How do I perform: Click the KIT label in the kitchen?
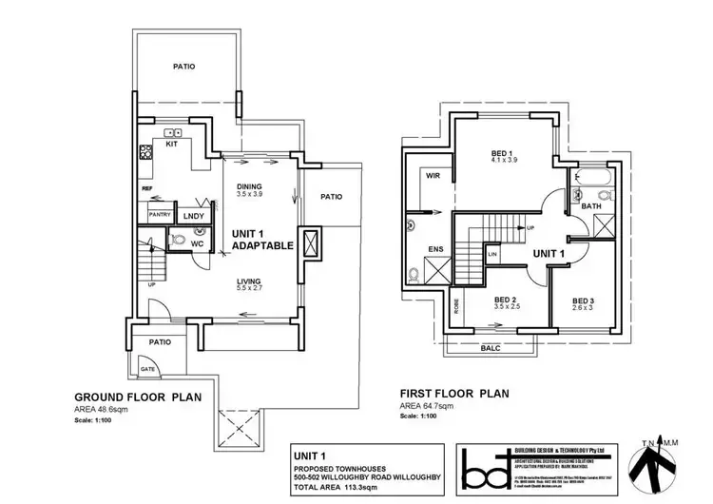point(172,145)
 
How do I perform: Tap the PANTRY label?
point(159,216)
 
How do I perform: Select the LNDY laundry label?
point(194,216)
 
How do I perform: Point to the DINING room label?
point(249,186)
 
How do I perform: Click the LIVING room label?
point(249,281)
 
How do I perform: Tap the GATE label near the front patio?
point(147,367)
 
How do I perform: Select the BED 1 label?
point(503,153)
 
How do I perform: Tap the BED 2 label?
point(505,299)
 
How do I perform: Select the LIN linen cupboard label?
point(491,255)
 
